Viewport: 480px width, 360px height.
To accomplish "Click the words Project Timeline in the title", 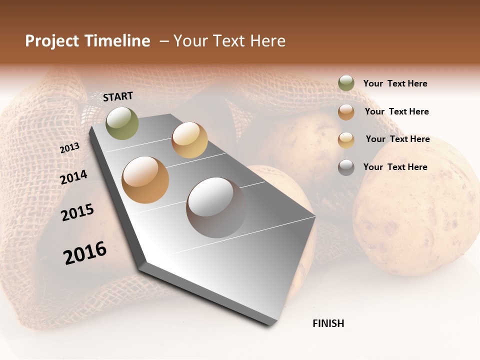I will [87, 41].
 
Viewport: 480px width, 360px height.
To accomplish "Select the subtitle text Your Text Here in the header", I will [229, 41].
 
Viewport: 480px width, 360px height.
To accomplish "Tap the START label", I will [118, 96].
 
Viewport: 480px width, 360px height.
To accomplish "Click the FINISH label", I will [328, 323].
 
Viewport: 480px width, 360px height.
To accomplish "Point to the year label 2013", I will [69, 147].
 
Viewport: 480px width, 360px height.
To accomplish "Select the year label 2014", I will [73, 177].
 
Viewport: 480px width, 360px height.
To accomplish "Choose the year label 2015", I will [77, 212].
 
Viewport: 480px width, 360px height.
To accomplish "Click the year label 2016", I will [85, 252].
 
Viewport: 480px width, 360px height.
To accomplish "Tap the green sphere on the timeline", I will [122, 123].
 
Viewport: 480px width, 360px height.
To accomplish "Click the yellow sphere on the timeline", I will [189, 140].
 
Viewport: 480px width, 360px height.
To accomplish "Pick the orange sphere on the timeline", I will [145, 180].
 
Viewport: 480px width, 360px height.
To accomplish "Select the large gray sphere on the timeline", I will [216, 207].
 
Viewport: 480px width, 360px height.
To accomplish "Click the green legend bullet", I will [346, 83].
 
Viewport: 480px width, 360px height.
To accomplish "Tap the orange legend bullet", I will [346, 111].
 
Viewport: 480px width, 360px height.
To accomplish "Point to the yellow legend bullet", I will [346, 139].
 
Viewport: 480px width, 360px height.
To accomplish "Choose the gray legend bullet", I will [346, 167].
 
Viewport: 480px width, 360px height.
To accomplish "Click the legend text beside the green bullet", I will [395, 83].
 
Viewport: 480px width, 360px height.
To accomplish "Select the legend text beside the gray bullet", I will [395, 167].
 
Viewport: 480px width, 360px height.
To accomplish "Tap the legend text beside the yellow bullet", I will [397, 139].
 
